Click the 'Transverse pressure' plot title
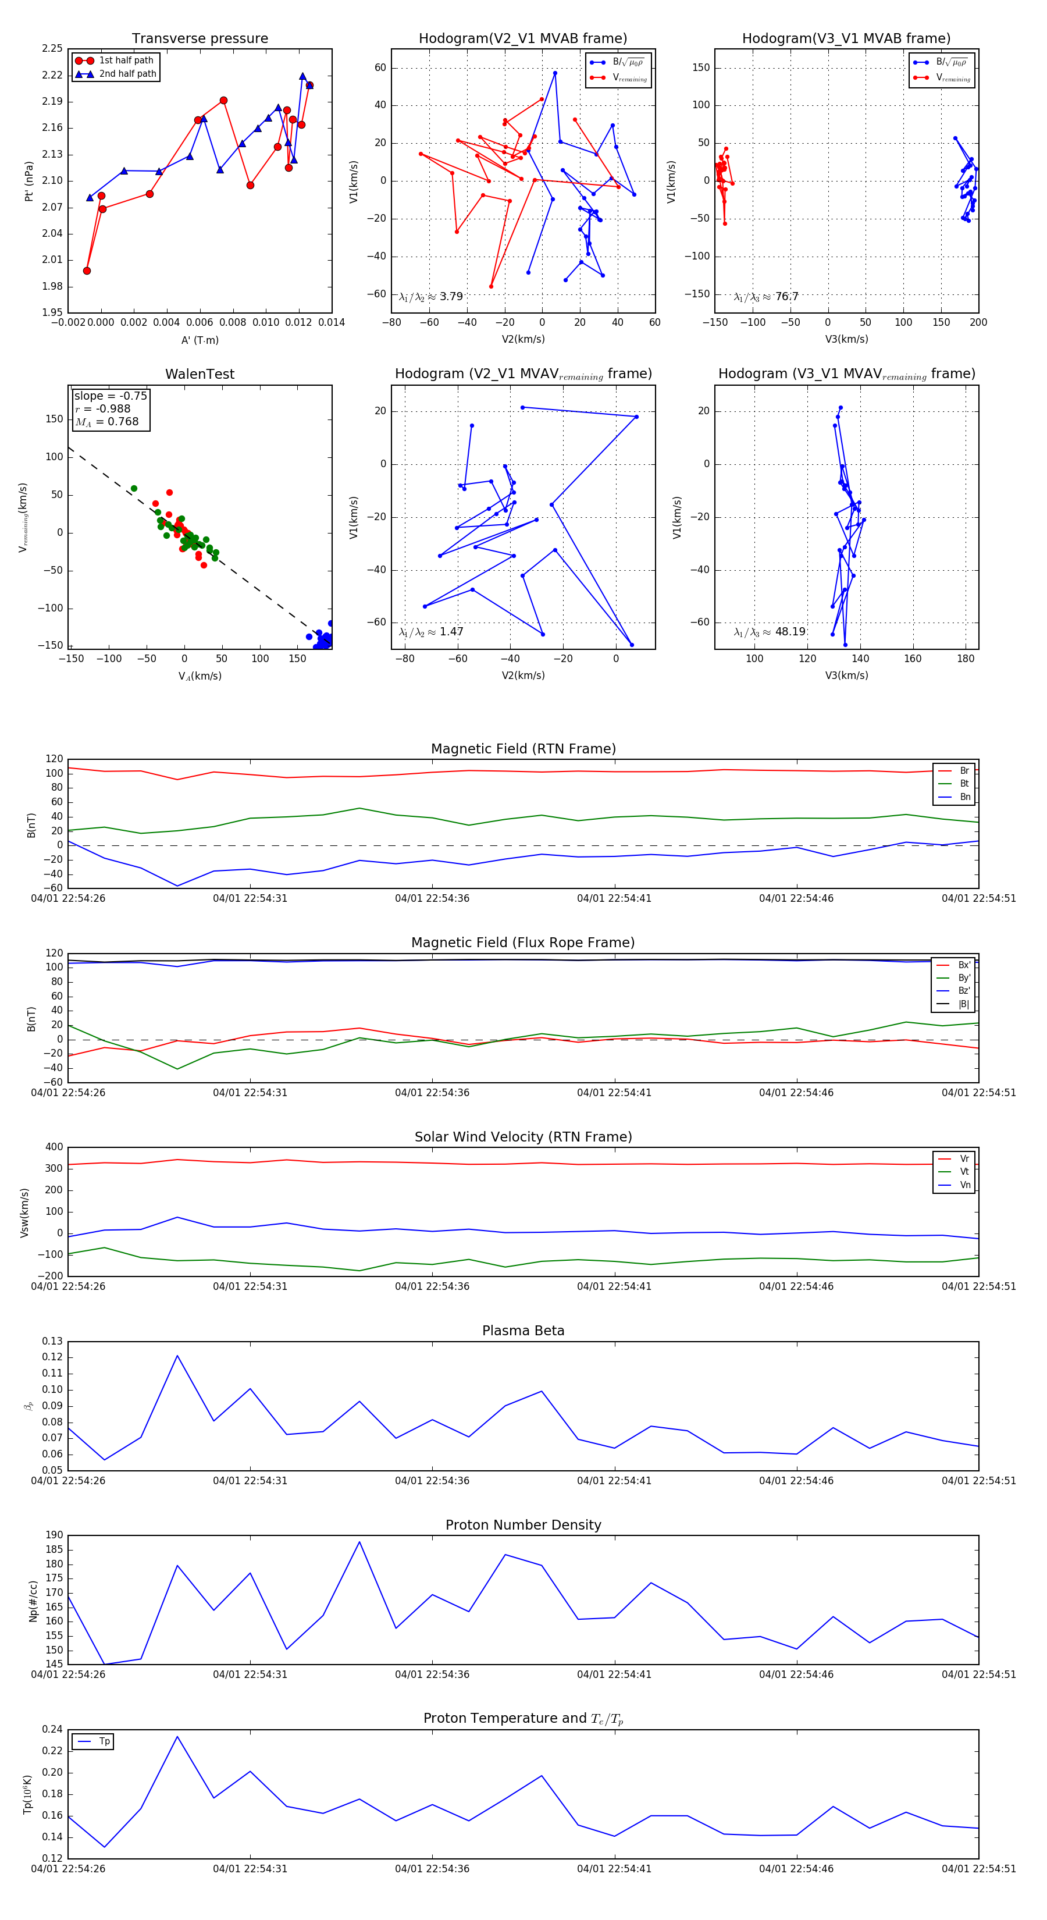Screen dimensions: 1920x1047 (x=200, y=39)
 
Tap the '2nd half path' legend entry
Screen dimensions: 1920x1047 (x=127, y=74)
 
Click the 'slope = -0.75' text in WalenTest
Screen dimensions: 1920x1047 (x=111, y=396)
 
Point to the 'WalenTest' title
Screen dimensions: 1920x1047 (x=200, y=374)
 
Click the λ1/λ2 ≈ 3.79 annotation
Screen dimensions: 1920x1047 (x=430, y=297)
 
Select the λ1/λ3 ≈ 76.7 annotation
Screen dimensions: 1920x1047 (x=766, y=297)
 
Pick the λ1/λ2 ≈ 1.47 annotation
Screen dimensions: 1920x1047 (x=430, y=632)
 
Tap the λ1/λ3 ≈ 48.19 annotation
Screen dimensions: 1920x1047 (x=770, y=632)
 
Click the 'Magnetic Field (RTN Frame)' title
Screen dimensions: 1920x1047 (x=523, y=749)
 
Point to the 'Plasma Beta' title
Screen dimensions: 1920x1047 (x=523, y=1331)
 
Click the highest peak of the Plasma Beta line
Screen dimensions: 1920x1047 (x=177, y=1356)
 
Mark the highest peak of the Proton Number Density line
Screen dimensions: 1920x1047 (x=359, y=1542)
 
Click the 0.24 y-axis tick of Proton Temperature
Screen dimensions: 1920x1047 (x=52, y=1729)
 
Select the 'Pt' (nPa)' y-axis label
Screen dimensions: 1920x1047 (x=29, y=181)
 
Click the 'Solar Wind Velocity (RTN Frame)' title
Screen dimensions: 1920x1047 (x=523, y=1137)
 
